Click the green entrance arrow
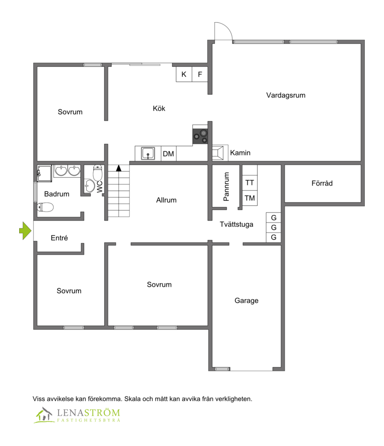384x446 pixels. pos(25,231)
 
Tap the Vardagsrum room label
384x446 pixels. pos(286,95)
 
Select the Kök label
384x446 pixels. pos(159,108)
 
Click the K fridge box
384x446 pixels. pos(184,74)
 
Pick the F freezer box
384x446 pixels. pos(200,74)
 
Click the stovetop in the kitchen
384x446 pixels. pos(200,136)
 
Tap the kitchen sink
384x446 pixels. pos(148,154)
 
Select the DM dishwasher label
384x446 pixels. pos(168,154)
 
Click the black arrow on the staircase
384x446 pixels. pos(119,168)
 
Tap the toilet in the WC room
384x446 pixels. pos(98,173)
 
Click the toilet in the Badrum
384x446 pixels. pos(46,207)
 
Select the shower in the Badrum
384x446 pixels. pos(44,173)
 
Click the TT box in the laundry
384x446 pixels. pos(250,183)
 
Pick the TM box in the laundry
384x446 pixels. pos(250,198)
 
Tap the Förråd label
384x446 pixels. pos(322,183)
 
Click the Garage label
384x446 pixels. pos(247,301)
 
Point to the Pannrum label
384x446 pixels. pos(226,186)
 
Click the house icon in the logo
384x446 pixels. pos(44,415)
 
